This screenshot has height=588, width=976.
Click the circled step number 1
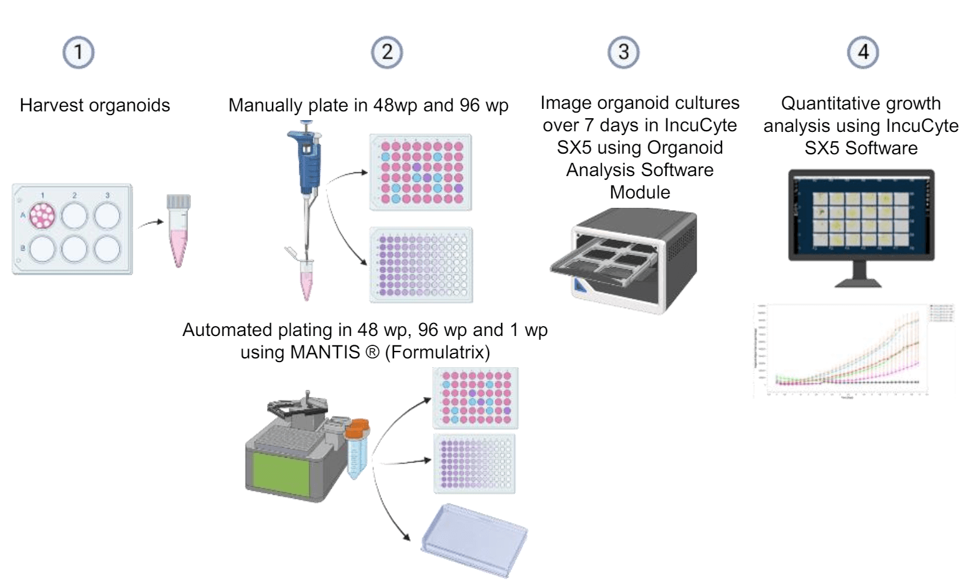[x=78, y=52]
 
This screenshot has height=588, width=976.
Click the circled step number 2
[x=387, y=52]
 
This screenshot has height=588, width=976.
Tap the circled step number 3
[x=623, y=52]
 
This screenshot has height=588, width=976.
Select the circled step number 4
[x=863, y=52]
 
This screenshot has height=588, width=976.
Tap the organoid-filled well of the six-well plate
[x=43, y=216]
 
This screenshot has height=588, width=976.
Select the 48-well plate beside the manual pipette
[x=421, y=172]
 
